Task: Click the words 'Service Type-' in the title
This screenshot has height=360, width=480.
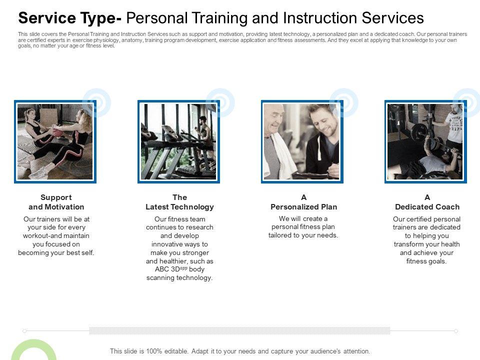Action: [70, 18]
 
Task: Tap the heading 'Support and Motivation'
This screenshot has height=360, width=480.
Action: [56, 202]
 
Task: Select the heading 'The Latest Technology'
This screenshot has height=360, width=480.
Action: [179, 202]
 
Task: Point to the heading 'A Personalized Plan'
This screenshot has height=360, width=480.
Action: [303, 202]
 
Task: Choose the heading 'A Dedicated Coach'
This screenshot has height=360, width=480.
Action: [427, 202]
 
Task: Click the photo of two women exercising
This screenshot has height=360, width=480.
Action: [55, 141]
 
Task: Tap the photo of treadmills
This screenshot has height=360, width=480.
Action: [179, 141]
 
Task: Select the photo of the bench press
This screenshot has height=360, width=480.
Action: [425, 141]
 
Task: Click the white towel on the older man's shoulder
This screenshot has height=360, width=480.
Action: [283, 156]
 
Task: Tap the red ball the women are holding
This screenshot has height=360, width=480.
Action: [57, 131]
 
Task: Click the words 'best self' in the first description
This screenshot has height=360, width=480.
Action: [81, 252]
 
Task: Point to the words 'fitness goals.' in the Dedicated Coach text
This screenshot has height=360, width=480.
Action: [426, 261]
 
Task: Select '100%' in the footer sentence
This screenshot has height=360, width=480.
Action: [154, 351]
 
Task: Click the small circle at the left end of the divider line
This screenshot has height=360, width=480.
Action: [24, 331]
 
